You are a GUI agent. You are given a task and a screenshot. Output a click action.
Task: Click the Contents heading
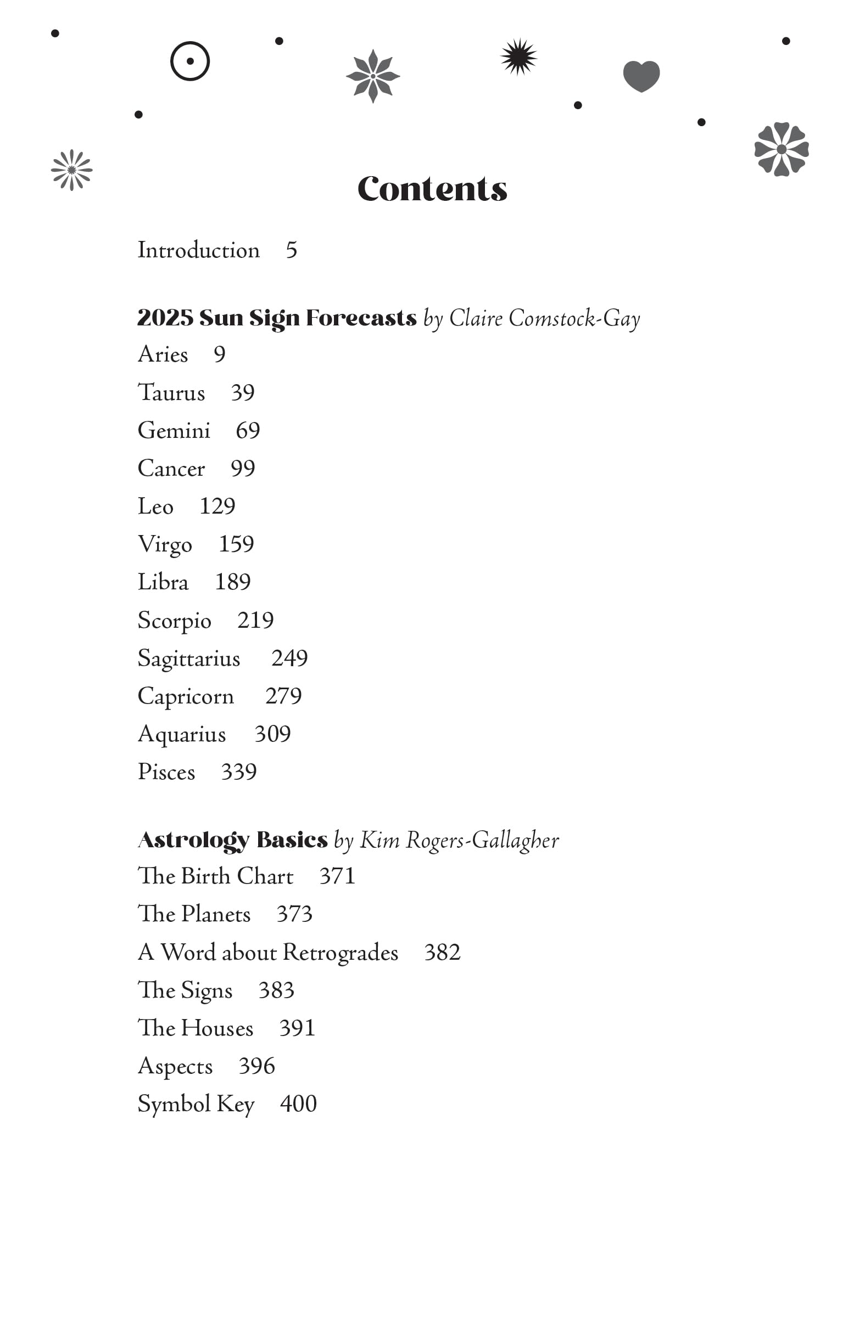pos(432,189)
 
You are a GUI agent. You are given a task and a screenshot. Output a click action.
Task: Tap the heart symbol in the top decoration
pos(641,76)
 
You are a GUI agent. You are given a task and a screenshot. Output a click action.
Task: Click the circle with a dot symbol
pos(190,61)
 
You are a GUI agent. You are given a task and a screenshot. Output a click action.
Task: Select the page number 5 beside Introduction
pos(291,250)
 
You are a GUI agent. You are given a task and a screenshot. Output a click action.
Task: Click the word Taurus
pos(171,393)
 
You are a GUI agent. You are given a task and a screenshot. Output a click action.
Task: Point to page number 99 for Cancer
pos(243,469)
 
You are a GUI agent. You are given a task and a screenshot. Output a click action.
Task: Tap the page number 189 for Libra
pos(232,582)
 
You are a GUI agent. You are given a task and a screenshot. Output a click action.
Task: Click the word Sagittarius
pos(189,658)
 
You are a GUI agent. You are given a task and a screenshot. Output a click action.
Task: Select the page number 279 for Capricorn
pos(283,696)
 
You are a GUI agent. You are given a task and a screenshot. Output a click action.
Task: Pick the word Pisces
pos(166,772)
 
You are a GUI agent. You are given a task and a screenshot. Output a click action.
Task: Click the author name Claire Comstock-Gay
pos(544,318)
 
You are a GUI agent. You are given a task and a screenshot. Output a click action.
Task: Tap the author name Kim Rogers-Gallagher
pos(459,840)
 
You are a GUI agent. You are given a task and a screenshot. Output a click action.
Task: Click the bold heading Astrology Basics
pos(232,840)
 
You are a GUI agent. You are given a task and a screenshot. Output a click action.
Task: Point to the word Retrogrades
pos(340,953)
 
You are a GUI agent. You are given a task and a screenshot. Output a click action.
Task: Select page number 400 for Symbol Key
pos(298,1104)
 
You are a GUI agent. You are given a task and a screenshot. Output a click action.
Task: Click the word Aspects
pos(175,1066)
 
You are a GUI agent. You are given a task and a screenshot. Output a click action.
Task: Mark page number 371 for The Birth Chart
pos(337,876)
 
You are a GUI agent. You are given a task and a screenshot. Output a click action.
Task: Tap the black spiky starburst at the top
pos(518,57)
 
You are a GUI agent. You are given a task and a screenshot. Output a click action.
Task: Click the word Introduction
pos(198,250)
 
